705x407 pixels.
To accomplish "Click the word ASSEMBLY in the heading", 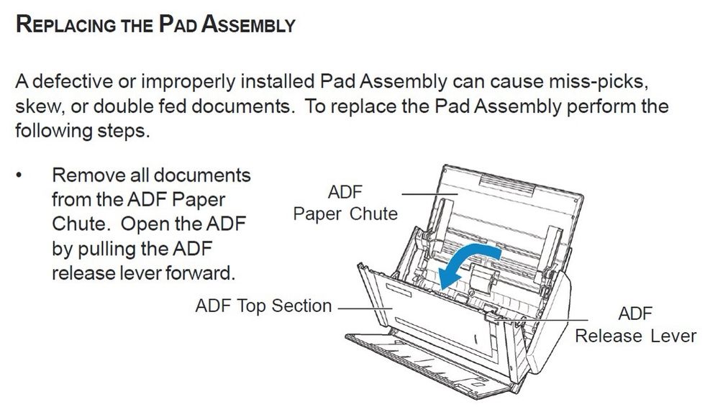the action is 248,24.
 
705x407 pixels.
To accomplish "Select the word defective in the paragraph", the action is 72,81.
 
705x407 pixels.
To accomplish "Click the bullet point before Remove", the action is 19,175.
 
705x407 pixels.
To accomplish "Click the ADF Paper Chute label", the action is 345,203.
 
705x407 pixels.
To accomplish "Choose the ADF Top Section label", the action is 263,306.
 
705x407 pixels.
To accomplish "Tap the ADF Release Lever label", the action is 635,324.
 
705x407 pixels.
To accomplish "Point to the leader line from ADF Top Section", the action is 366,308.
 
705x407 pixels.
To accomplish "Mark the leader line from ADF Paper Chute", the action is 429,194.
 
